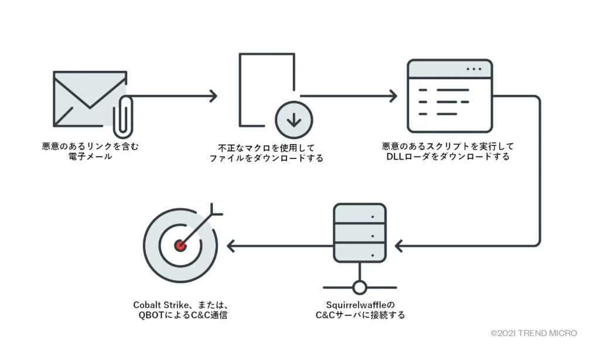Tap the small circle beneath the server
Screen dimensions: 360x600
(359, 287)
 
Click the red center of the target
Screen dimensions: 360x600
(180, 245)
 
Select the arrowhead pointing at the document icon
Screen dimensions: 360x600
(213, 96)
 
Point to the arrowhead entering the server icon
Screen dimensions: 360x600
(399, 245)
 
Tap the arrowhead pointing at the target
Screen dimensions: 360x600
(231, 245)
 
